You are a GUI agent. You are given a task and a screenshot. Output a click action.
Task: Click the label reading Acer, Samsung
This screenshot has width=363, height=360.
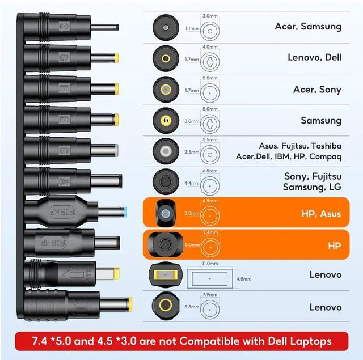[308, 26]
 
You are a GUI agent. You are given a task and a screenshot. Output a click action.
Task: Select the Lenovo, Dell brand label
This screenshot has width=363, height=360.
[315, 57]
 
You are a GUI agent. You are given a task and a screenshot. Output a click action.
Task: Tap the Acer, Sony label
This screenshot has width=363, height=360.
[317, 90]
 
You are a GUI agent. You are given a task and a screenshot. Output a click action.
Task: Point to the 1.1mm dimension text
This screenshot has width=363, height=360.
[192, 27]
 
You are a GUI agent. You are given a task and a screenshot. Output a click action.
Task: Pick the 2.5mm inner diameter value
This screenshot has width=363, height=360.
[192, 151]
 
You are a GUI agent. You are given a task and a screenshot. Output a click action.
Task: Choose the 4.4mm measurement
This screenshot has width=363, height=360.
[192, 184]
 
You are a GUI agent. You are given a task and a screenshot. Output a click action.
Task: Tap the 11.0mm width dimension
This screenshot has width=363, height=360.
[209, 264]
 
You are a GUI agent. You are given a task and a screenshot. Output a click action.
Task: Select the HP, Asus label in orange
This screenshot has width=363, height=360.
[322, 214]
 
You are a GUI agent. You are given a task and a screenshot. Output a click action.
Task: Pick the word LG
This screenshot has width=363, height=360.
[335, 187]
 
